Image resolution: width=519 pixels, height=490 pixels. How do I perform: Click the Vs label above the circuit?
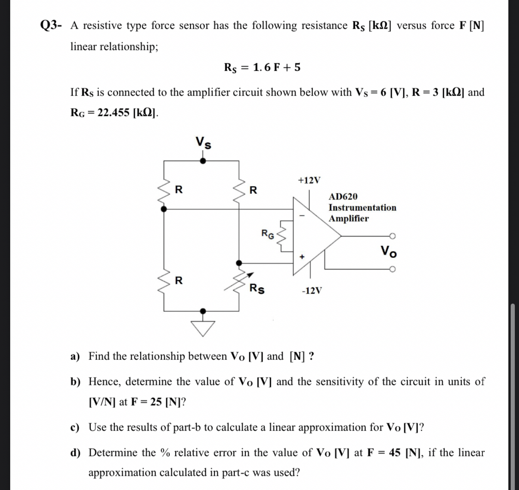pos(203,143)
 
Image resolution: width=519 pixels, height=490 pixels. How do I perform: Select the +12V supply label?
pos(309,180)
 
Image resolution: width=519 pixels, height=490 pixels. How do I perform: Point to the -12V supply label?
pos(311,291)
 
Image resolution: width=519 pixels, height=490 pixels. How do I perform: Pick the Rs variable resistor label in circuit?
pos(257,289)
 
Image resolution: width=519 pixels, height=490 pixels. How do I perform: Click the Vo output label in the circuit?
pos(388,252)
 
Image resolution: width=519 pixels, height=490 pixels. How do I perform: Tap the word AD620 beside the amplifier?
pos(343,197)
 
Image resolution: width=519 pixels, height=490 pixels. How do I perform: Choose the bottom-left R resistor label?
pos(179,280)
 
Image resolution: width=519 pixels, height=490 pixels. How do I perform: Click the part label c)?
pos(76,427)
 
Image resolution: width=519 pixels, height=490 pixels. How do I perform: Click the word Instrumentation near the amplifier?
pos(362,208)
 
